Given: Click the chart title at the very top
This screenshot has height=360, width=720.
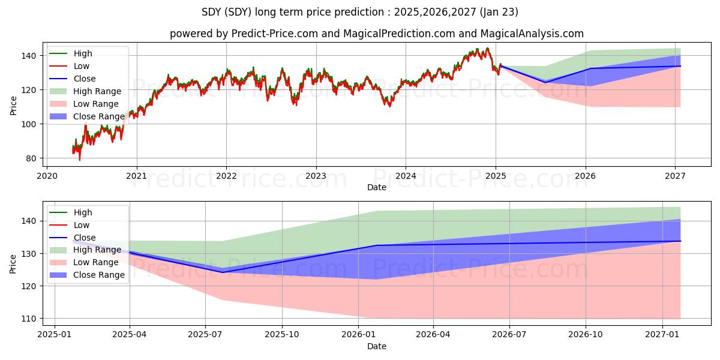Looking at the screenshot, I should (360, 12).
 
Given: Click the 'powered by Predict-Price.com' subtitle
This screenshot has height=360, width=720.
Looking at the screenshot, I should (377, 34).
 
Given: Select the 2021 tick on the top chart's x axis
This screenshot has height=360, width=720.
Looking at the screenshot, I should (137, 176).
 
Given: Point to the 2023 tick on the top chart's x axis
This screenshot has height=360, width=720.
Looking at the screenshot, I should (316, 176).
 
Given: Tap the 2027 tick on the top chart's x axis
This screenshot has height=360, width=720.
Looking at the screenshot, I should (676, 176).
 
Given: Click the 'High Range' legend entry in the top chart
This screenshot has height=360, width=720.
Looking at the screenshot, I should (97, 91).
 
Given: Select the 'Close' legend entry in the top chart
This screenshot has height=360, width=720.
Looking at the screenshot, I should (85, 79).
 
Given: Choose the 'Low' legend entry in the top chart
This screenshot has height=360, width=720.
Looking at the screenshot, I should (82, 66).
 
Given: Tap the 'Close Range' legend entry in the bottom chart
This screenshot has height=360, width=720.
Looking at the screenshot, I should (99, 275).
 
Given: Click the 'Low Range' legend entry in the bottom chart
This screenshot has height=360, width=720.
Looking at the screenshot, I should (96, 262).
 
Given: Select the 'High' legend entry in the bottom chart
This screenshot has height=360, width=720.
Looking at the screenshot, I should (83, 212).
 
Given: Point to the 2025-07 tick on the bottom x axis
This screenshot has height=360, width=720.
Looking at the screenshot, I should (206, 334).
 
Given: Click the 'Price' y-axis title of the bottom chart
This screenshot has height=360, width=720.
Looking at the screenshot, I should (13, 263).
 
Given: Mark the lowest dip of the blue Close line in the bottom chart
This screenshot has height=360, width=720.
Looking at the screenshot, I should (223, 272).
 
